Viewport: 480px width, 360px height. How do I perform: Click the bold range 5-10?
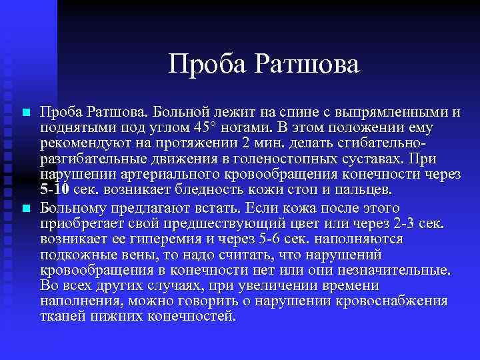(x=54, y=190)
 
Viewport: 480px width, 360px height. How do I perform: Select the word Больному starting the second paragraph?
(x=70, y=207)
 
